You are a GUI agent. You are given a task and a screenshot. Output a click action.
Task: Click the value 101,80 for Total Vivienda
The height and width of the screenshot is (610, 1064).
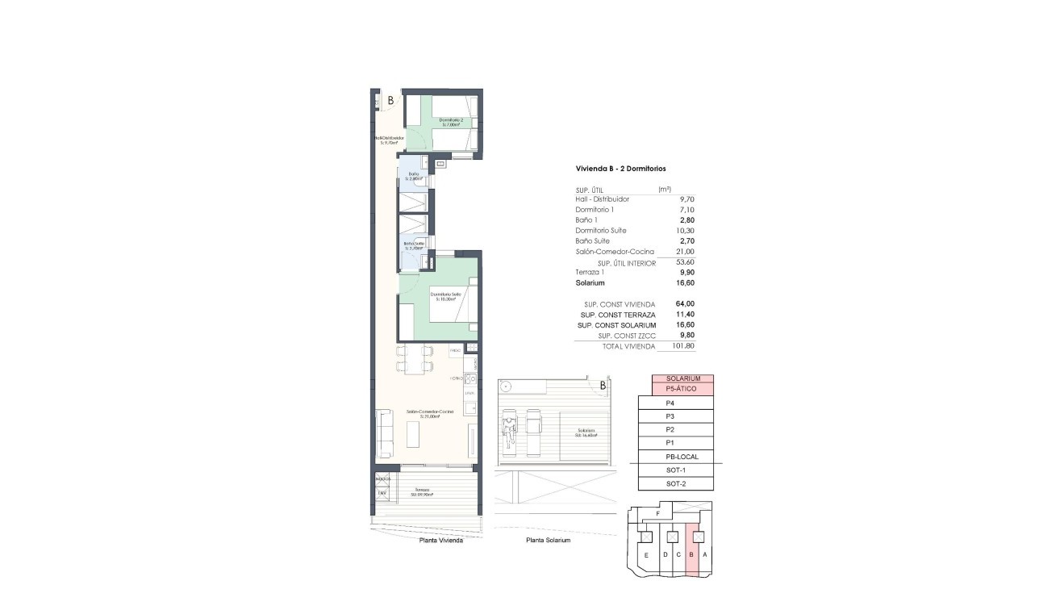point(682,346)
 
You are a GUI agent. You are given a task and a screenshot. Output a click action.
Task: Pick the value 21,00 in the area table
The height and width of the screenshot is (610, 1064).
point(685,252)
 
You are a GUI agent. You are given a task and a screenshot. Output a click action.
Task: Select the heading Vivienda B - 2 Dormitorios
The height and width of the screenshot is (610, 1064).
point(620,168)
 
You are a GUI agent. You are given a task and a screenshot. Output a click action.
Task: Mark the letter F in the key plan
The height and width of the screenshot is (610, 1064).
point(658,513)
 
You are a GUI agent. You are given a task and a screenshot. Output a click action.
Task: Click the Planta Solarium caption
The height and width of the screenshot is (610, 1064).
point(548,541)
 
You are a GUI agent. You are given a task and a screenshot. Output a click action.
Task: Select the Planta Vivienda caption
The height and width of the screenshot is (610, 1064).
point(440,541)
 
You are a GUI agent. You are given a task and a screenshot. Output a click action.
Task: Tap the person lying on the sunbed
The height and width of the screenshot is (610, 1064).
point(508,428)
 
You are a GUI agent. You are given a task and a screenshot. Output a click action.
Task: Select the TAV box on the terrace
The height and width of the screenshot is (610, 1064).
point(382,493)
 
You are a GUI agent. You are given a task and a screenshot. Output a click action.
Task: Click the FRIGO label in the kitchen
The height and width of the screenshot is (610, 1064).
point(455,351)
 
